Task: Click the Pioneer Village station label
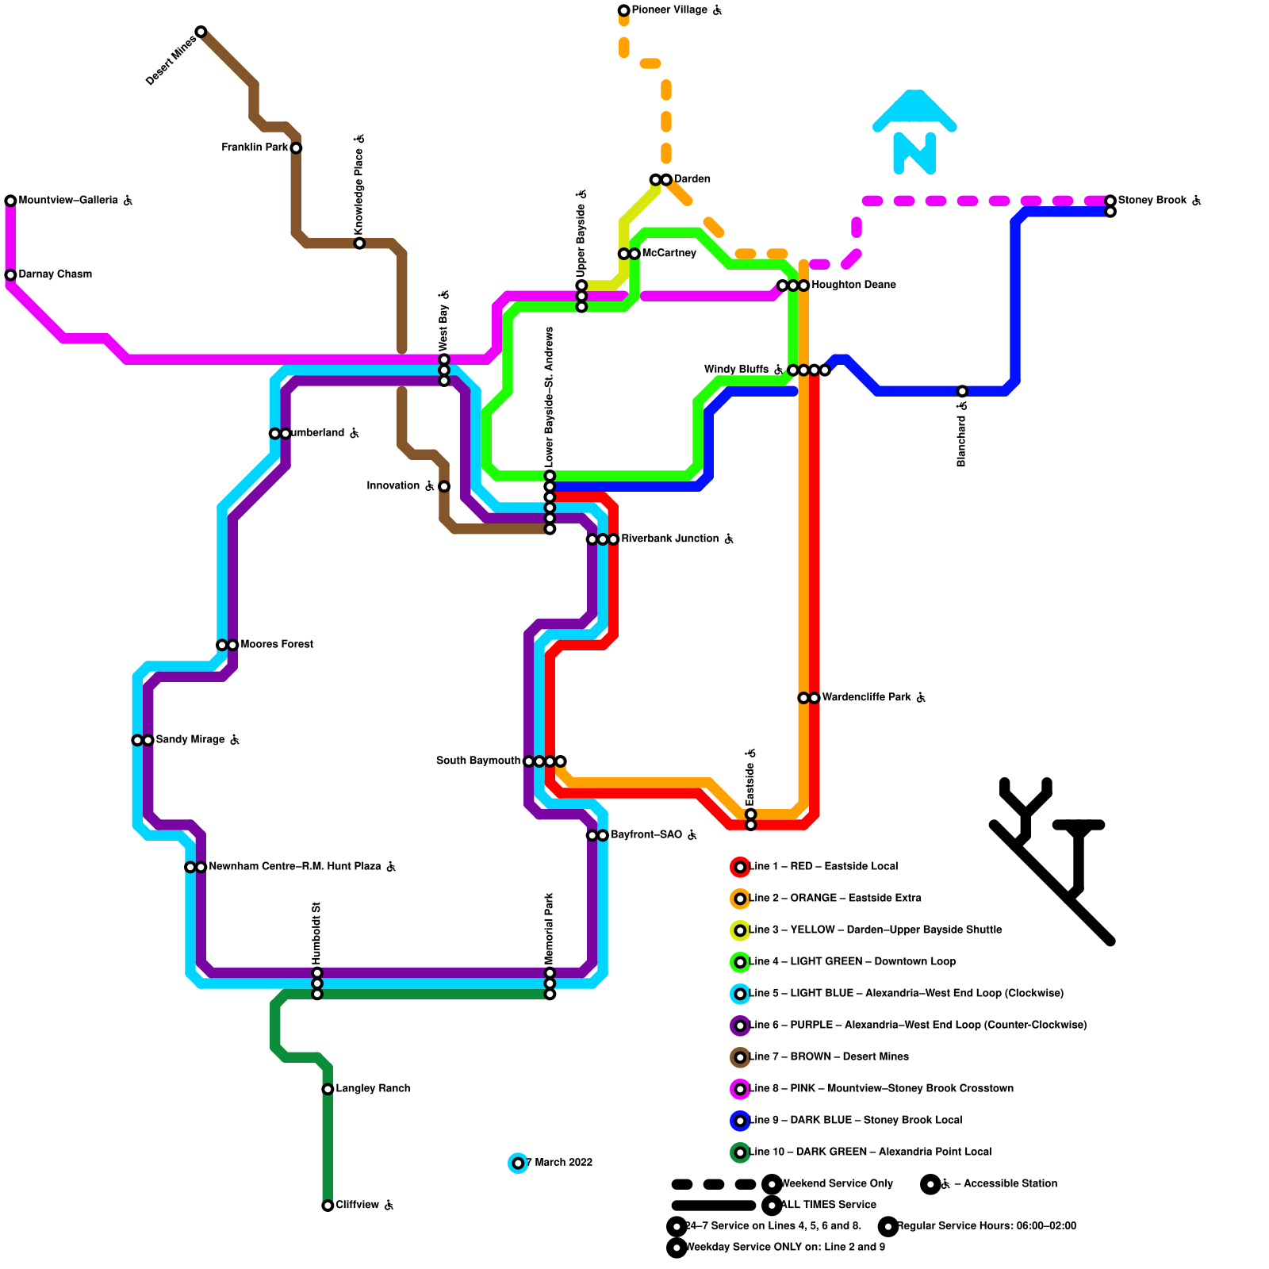(669, 10)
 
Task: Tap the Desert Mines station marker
(201, 32)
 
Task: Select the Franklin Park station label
(255, 148)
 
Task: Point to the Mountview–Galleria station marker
(10, 201)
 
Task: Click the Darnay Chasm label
(56, 274)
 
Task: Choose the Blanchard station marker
(962, 391)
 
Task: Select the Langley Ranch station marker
(328, 1089)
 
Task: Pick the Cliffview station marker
(328, 1206)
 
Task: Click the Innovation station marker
(444, 486)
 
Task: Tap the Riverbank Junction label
(670, 539)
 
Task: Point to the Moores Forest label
(277, 645)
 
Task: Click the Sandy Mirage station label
(190, 740)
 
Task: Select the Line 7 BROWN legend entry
(829, 1057)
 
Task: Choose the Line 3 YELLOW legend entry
(876, 930)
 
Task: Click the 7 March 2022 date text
(559, 1163)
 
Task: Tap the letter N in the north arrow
(914, 152)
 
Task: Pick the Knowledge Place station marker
(359, 243)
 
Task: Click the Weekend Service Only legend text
(837, 1184)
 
